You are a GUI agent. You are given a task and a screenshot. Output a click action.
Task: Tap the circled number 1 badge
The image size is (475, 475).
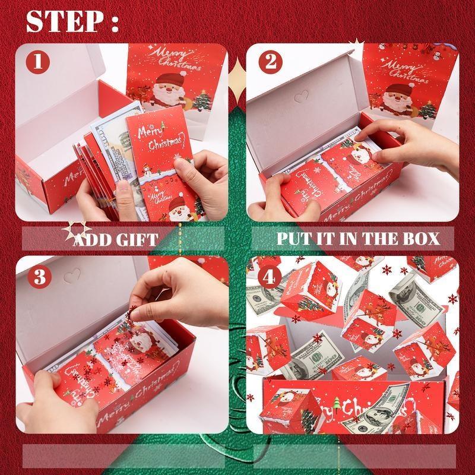[38, 62]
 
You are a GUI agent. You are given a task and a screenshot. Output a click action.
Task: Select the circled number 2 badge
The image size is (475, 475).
[270, 62]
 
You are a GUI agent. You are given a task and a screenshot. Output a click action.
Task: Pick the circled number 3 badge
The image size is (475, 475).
[38, 277]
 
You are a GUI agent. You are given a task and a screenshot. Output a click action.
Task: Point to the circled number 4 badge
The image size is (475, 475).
[270, 277]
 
